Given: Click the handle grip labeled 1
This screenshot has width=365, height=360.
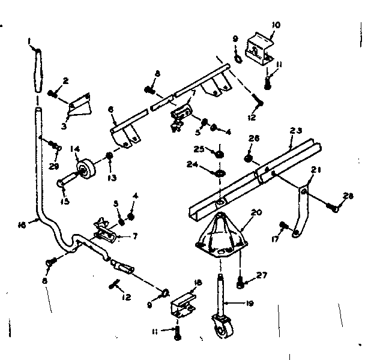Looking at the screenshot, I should click(38, 70).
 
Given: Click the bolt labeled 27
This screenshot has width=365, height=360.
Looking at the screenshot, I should click(241, 278).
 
